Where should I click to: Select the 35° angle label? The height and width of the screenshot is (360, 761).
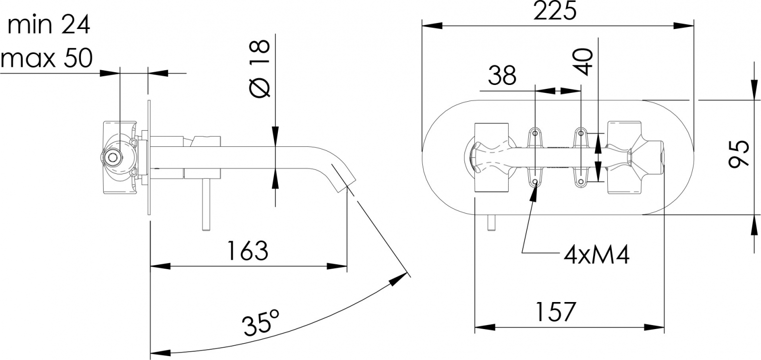tap(261, 322)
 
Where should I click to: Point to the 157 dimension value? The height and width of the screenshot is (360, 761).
tap(556, 312)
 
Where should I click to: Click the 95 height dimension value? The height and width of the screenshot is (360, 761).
tap(739, 153)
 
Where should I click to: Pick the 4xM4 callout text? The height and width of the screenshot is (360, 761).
tap(597, 255)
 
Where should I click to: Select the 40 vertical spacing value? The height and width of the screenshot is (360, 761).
tap(583, 62)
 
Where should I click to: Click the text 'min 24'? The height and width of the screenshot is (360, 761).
tap(49, 25)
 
